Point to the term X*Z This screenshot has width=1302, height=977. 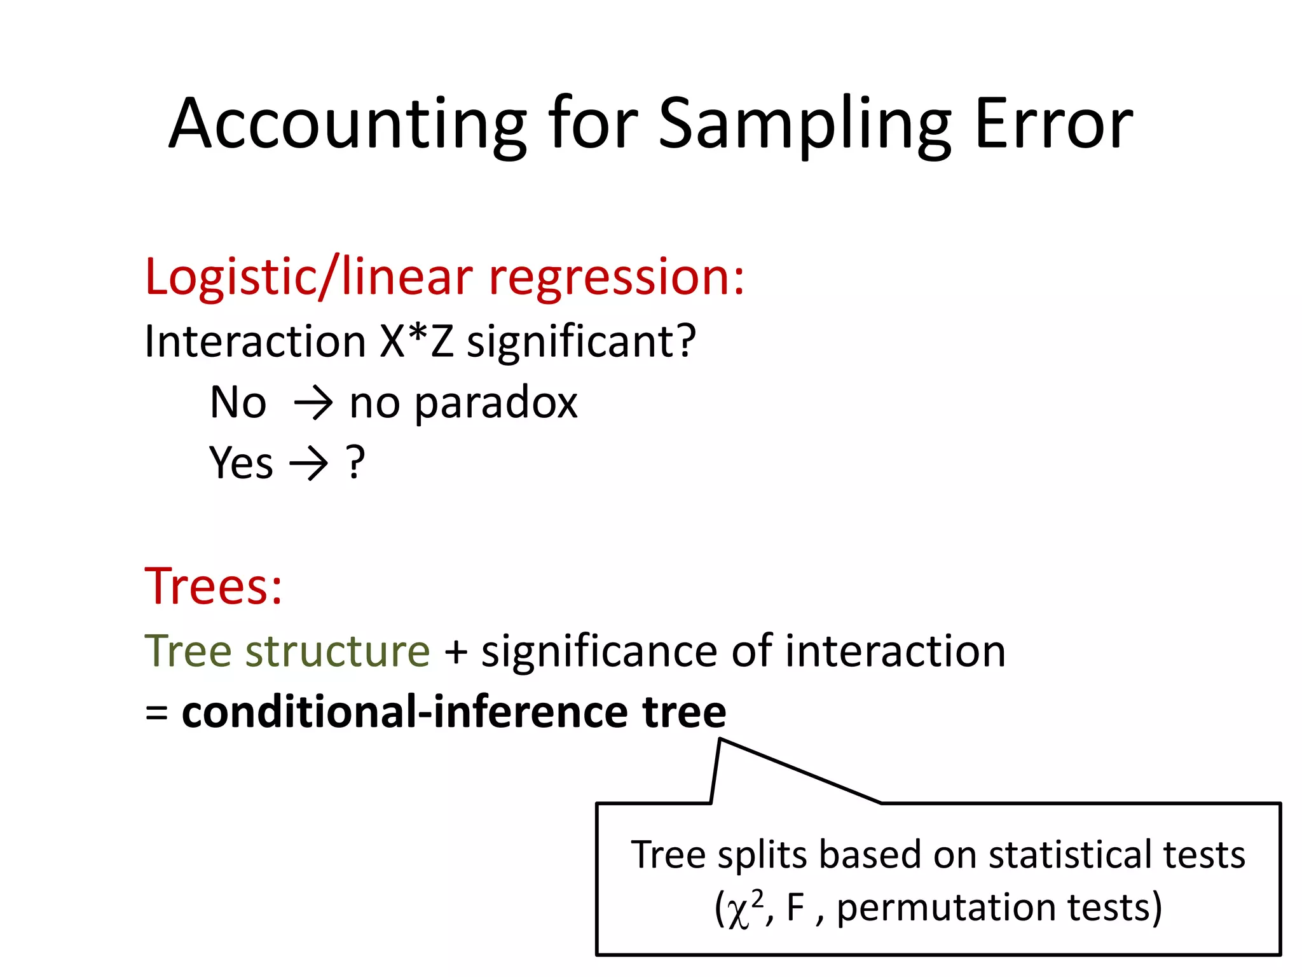pyautogui.click(x=416, y=342)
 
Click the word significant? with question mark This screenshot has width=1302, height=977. pyautogui.click(x=581, y=342)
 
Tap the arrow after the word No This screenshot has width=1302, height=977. pyautogui.click(x=313, y=403)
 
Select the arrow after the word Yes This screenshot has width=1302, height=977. pyautogui.click(x=309, y=464)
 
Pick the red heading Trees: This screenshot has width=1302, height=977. pyautogui.click(x=213, y=586)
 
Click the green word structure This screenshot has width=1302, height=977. pyautogui.click(x=338, y=651)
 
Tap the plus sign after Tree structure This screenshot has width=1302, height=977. pyautogui.click(x=455, y=652)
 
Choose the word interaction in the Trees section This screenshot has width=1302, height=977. pyautogui.click(x=894, y=651)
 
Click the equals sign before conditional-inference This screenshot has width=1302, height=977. pyautogui.click(x=156, y=712)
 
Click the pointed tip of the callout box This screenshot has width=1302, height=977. pyautogui.click(x=720, y=740)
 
